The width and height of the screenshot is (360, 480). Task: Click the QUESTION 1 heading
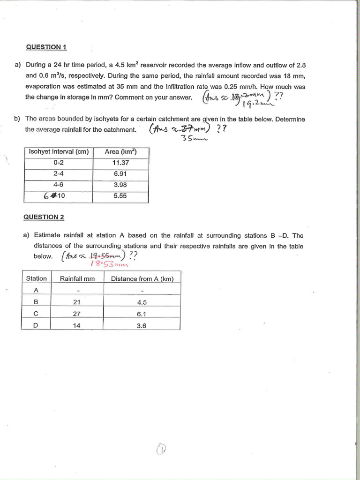[x=46, y=47]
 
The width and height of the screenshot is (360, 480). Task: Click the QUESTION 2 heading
[x=44, y=217]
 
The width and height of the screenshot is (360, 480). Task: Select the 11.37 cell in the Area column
[x=120, y=163]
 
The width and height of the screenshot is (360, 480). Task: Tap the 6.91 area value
[x=120, y=174]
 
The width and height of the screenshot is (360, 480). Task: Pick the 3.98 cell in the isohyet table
[x=120, y=185]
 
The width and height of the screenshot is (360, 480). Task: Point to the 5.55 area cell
[x=120, y=196]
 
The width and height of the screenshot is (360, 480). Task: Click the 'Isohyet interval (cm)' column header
[x=59, y=152]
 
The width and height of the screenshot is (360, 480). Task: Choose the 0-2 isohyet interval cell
[x=59, y=163]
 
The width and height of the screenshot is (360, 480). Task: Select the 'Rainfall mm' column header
[x=77, y=279]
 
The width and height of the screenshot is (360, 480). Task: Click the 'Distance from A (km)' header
[x=142, y=279]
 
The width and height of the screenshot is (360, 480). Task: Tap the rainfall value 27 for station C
[x=77, y=314]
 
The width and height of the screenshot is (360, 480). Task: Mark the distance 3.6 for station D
[x=142, y=326]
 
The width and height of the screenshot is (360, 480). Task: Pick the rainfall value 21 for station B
[x=77, y=302]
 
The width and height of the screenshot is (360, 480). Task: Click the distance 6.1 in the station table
[x=142, y=314]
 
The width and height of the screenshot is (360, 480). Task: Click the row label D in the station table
[x=36, y=326]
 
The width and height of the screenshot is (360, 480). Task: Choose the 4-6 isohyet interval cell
[x=59, y=185]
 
